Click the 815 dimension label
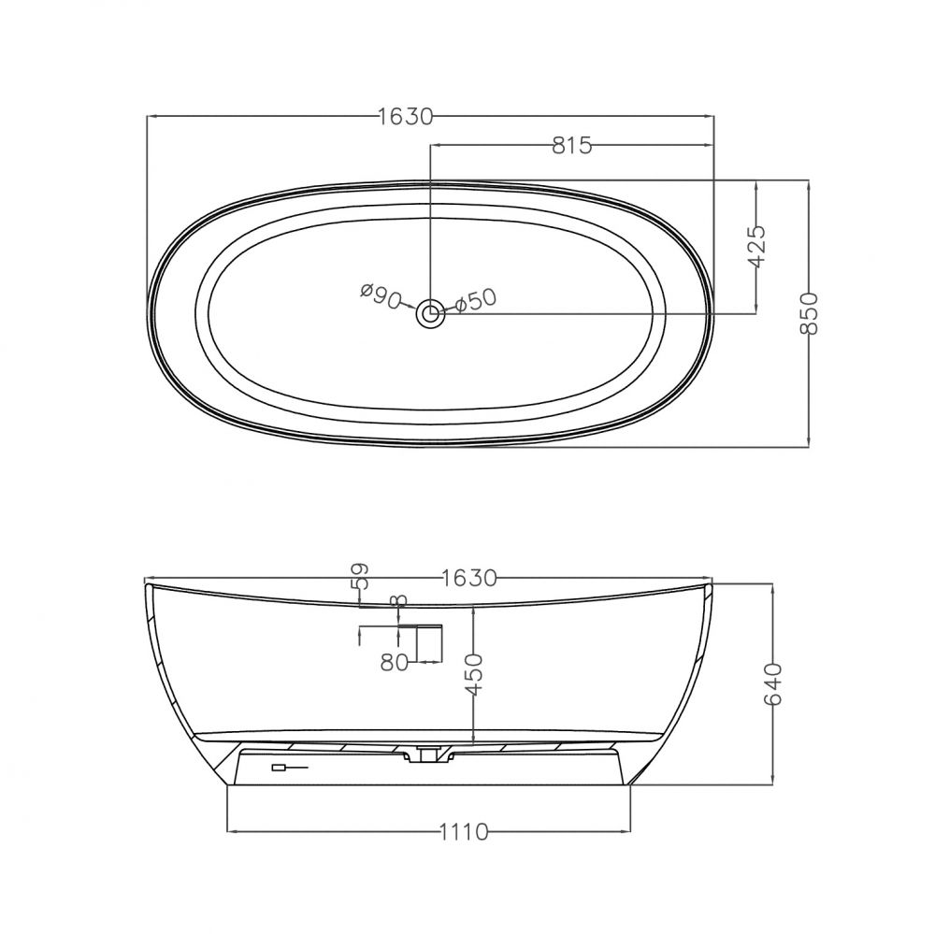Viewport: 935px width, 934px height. [571, 145]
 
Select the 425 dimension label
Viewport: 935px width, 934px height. [756, 246]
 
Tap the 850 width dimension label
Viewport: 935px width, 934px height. [809, 314]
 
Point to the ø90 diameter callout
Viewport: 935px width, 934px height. [381, 296]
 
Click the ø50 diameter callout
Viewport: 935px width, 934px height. [477, 300]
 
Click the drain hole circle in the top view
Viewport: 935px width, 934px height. [430, 312]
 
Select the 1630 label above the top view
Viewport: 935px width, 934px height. [406, 117]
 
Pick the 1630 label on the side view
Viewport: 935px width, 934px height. [469, 578]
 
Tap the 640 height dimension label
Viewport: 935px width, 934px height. [773, 683]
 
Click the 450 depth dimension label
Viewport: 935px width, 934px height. [473, 675]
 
